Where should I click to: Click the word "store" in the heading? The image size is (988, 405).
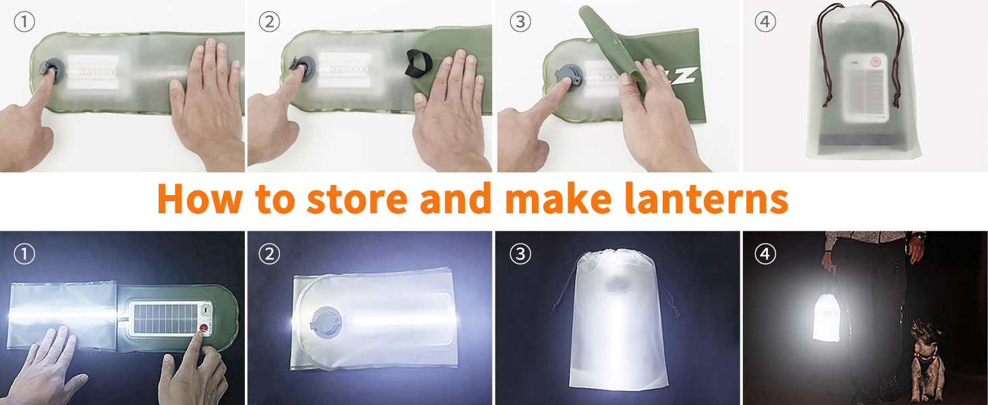coord(357,199)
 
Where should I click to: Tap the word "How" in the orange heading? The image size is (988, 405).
coord(200,198)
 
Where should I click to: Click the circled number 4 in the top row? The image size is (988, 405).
coord(765,22)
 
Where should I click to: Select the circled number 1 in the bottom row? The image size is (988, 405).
coord(24,254)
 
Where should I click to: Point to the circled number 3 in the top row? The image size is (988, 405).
coord(520,22)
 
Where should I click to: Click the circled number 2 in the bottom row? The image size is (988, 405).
coord(269,254)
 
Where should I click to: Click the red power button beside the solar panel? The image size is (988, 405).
coord(204,328)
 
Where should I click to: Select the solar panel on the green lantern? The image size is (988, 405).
coord(165,319)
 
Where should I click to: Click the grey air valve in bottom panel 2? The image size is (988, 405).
coord(327,321)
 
